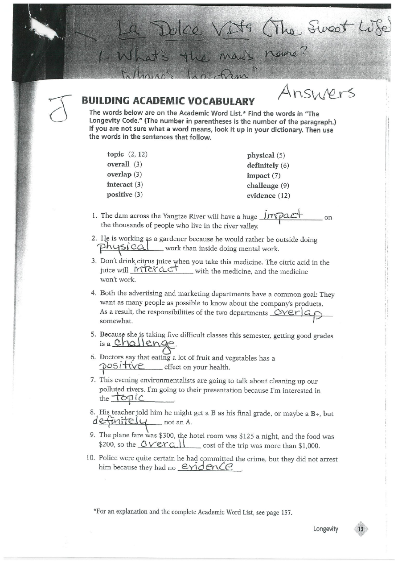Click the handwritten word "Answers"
click(316, 93)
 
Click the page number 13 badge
click(361, 529)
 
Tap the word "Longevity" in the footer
click(326, 529)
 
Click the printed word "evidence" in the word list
click(261, 195)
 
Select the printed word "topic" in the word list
click(115, 154)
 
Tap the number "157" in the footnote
click(286, 512)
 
